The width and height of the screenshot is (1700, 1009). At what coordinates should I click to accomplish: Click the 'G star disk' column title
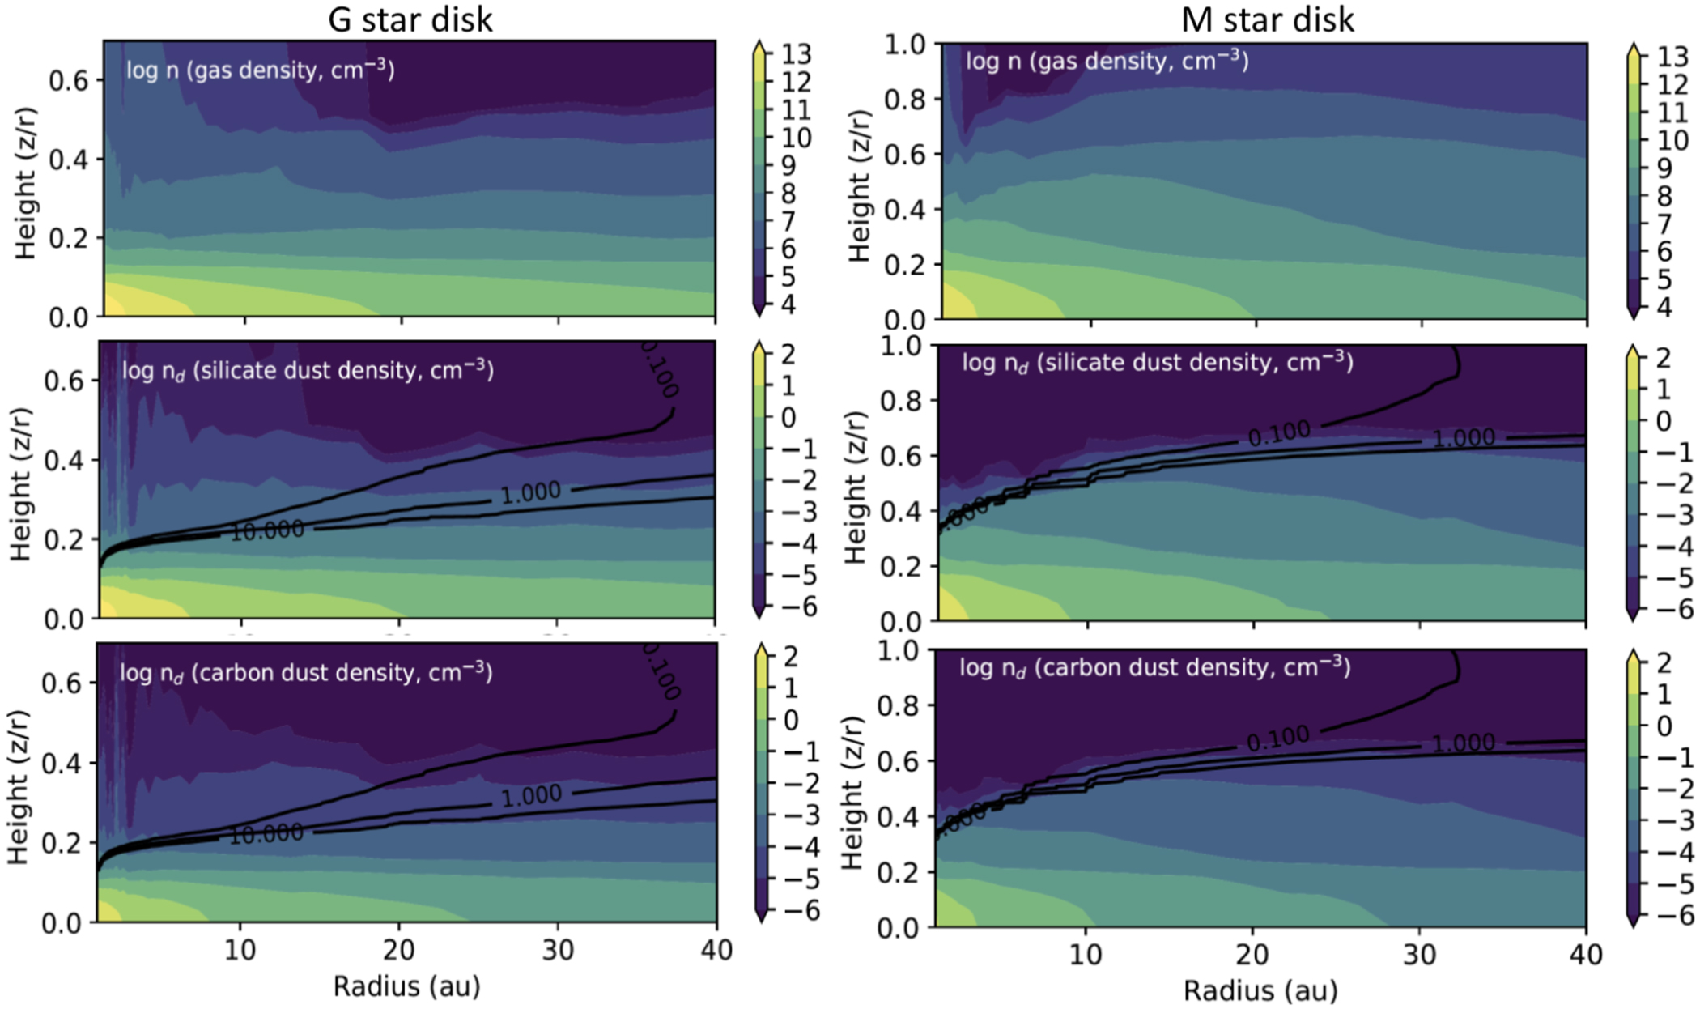[410, 19]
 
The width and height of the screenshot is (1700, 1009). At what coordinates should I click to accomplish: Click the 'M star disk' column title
[1267, 19]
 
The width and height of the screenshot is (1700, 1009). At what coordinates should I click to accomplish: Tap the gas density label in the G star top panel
[260, 70]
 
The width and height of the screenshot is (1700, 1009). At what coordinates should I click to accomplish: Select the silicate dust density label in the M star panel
[1157, 361]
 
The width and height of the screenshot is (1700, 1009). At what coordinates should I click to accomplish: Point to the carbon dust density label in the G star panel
[306, 672]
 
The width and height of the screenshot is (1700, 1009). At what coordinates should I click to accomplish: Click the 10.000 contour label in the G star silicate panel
[267, 530]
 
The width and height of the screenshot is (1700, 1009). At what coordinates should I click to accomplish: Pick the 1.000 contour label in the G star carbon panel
[531, 795]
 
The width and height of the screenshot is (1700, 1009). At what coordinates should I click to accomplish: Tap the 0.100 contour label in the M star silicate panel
[1279, 434]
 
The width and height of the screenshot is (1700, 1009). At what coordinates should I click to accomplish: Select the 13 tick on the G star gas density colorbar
[796, 54]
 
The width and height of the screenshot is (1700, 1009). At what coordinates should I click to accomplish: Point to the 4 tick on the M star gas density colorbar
[1664, 308]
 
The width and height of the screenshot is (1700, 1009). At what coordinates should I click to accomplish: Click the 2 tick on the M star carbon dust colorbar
[1664, 662]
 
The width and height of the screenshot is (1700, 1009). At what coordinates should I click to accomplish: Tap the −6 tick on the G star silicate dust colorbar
[797, 607]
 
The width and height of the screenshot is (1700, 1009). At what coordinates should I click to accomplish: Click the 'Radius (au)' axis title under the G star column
[406, 986]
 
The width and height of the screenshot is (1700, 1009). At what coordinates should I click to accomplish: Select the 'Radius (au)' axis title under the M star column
[1260, 990]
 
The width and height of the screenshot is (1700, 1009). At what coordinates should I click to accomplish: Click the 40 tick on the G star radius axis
[716, 949]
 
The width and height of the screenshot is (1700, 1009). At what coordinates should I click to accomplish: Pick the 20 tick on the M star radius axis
[1252, 954]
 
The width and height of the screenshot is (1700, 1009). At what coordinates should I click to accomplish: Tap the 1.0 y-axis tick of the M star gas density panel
[904, 45]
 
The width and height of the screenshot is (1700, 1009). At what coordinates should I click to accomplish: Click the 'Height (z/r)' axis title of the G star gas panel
[26, 182]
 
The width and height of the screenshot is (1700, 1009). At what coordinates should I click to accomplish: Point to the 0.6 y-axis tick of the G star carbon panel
[62, 683]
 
